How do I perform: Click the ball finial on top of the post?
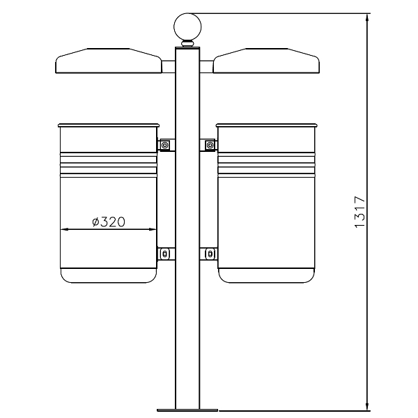[x=187, y=27]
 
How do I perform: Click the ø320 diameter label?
[x=109, y=222]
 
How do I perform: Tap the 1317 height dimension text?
[x=359, y=212]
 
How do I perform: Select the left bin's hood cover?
[x=109, y=61]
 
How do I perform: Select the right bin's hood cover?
[x=266, y=61]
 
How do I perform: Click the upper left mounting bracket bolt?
[x=164, y=146]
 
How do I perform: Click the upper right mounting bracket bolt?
[x=210, y=146]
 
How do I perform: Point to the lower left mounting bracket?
[x=166, y=254]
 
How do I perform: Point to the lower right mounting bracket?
[x=208, y=254]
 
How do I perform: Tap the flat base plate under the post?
[x=187, y=410]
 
